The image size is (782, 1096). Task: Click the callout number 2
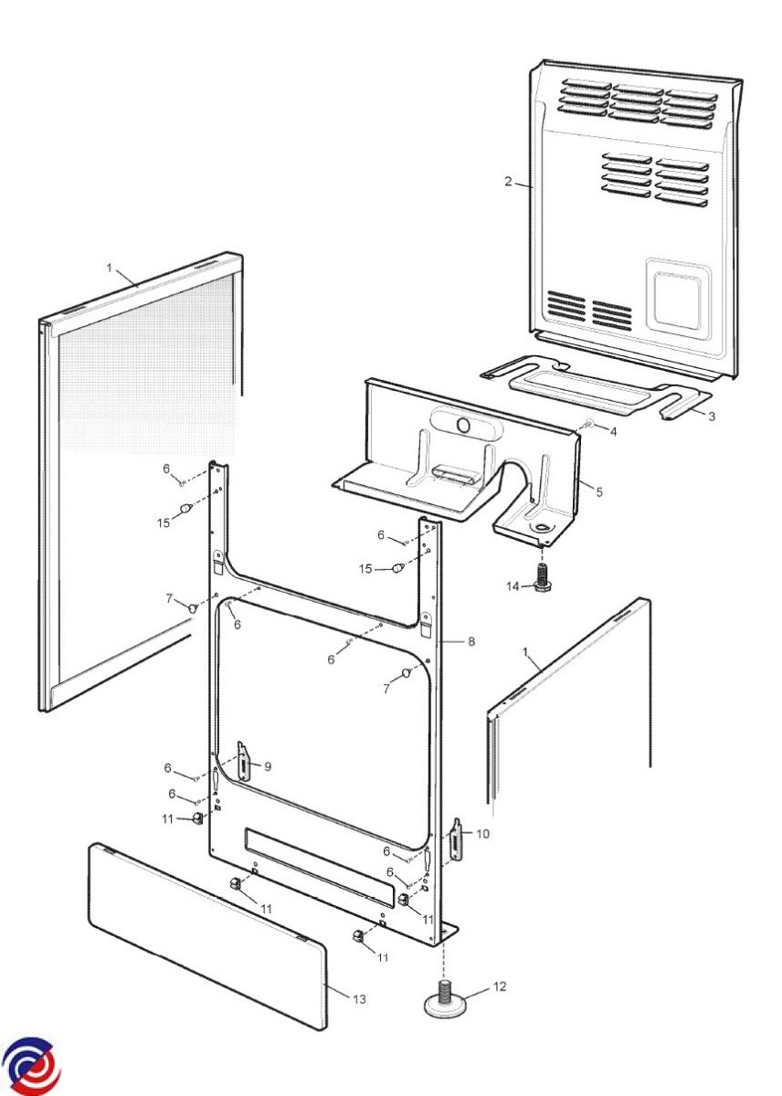tap(508, 182)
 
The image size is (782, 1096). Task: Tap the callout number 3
tap(712, 416)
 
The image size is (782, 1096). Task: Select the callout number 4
tap(613, 431)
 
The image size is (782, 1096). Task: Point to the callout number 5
tap(599, 491)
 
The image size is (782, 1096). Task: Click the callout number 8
tap(471, 641)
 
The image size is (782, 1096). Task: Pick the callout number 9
tap(268, 766)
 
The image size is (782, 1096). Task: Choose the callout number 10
tap(482, 833)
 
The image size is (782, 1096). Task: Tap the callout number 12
tap(499, 986)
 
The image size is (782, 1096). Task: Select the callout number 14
tap(513, 586)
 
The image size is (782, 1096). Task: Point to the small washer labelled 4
tap(589, 424)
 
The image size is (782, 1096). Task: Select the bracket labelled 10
tap(457, 838)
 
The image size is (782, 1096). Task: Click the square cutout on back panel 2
tap(679, 300)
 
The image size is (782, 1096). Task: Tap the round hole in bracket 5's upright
tap(463, 425)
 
